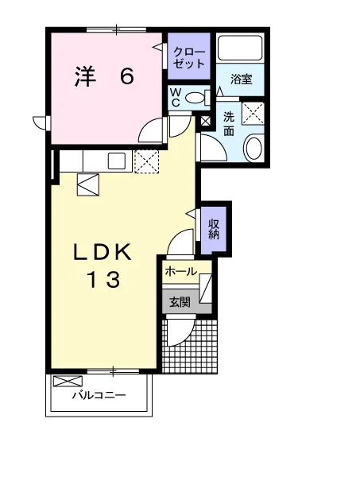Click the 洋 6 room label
(104, 76)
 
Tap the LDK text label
(103, 251)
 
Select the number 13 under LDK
(104, 280)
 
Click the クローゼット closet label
(189, 58)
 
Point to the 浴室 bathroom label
(241, 79)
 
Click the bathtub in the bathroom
(241, 48)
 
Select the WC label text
(176, 97)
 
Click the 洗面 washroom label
(229, 124)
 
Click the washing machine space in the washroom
(253, 113)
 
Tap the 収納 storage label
(214, 229)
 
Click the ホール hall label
(181, 271)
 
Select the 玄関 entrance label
(180, 302)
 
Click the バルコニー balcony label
(99, 395)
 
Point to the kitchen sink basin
(117, 161)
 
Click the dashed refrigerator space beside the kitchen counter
(146, 161)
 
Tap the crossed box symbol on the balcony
(68, 381)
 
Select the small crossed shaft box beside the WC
(206, 122)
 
